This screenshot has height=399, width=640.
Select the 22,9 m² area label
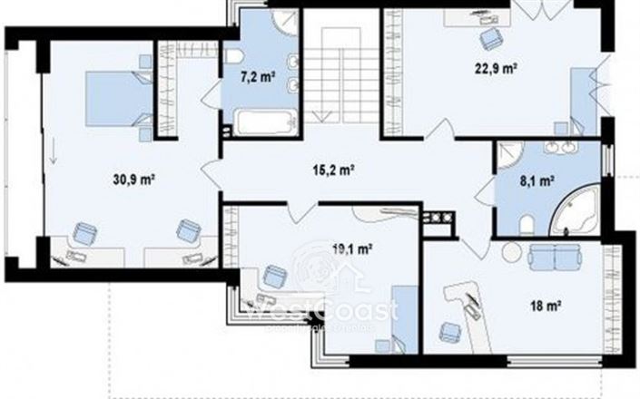point(495,66)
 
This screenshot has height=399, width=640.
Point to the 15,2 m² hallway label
point(333,169)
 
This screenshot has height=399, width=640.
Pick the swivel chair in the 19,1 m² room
point(273,275)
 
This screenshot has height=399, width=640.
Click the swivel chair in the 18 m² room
point(448,332)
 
